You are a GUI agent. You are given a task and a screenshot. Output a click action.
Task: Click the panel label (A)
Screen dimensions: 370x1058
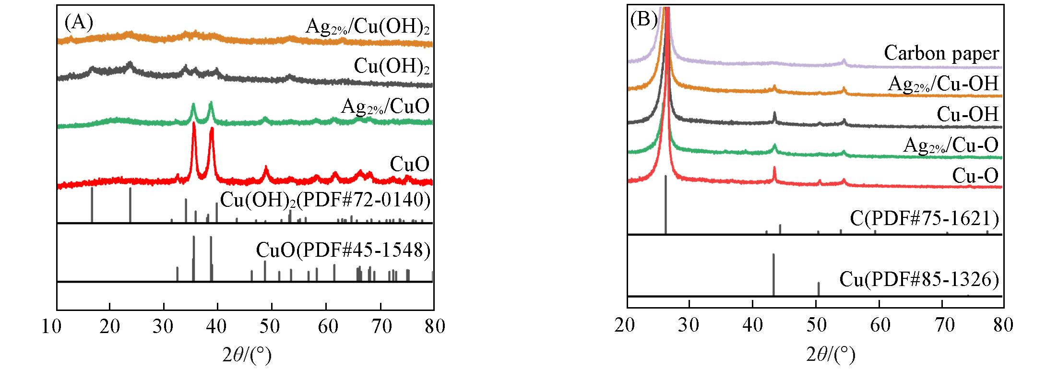[79, 23]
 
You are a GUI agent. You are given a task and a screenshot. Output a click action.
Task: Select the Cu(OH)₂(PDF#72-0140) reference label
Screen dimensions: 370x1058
[325, 200]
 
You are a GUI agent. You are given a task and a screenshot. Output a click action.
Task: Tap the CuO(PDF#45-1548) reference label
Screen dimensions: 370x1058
[343, 250]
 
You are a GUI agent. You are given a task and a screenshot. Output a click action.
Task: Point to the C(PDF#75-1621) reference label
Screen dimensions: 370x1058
[924, 219]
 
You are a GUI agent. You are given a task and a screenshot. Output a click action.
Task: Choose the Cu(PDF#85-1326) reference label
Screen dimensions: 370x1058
[919, 279]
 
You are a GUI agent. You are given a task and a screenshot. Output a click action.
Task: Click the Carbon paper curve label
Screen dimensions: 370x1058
[942, 53]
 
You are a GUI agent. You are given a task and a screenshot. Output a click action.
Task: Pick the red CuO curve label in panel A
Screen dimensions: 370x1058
[409, 165]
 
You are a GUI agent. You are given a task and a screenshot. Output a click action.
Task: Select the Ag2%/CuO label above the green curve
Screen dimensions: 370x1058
[385, 107]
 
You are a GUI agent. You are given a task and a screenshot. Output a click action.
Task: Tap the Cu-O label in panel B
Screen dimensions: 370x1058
[975, 176]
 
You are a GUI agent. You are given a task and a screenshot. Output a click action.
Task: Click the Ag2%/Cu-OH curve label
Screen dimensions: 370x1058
[943, 84]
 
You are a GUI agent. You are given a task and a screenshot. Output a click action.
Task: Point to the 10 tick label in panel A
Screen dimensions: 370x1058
[57, 327]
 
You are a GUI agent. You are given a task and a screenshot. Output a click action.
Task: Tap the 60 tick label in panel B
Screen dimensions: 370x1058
[880, 326]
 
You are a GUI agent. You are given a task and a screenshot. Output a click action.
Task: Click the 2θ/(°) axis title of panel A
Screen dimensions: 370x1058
[247, 355]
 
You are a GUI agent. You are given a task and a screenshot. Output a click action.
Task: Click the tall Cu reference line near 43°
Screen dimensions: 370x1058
[773, 274]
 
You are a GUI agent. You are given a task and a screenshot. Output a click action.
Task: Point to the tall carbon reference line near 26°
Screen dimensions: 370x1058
[666, 204]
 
